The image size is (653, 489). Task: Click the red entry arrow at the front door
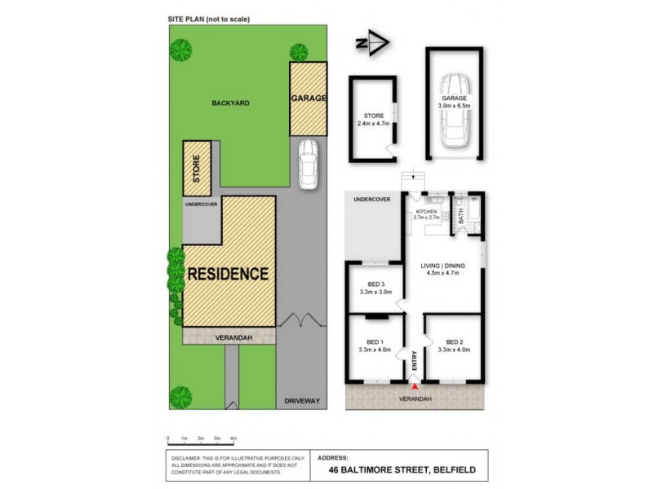click(415, 385)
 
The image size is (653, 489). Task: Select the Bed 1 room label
click(375, 341)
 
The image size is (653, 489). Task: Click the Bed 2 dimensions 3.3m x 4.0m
click(455, 350)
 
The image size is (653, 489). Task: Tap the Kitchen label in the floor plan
click(428, 212)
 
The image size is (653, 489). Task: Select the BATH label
click(461, 217)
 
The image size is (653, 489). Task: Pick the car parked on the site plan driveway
click(308, 164)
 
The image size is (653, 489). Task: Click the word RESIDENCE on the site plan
click(228, 274)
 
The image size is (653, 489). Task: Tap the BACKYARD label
click(230, 104)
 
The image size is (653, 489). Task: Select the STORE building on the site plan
click(197, 169)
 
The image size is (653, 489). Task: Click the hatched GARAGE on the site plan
click(309, 99)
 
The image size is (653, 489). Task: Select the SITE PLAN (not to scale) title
click(207, 19)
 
